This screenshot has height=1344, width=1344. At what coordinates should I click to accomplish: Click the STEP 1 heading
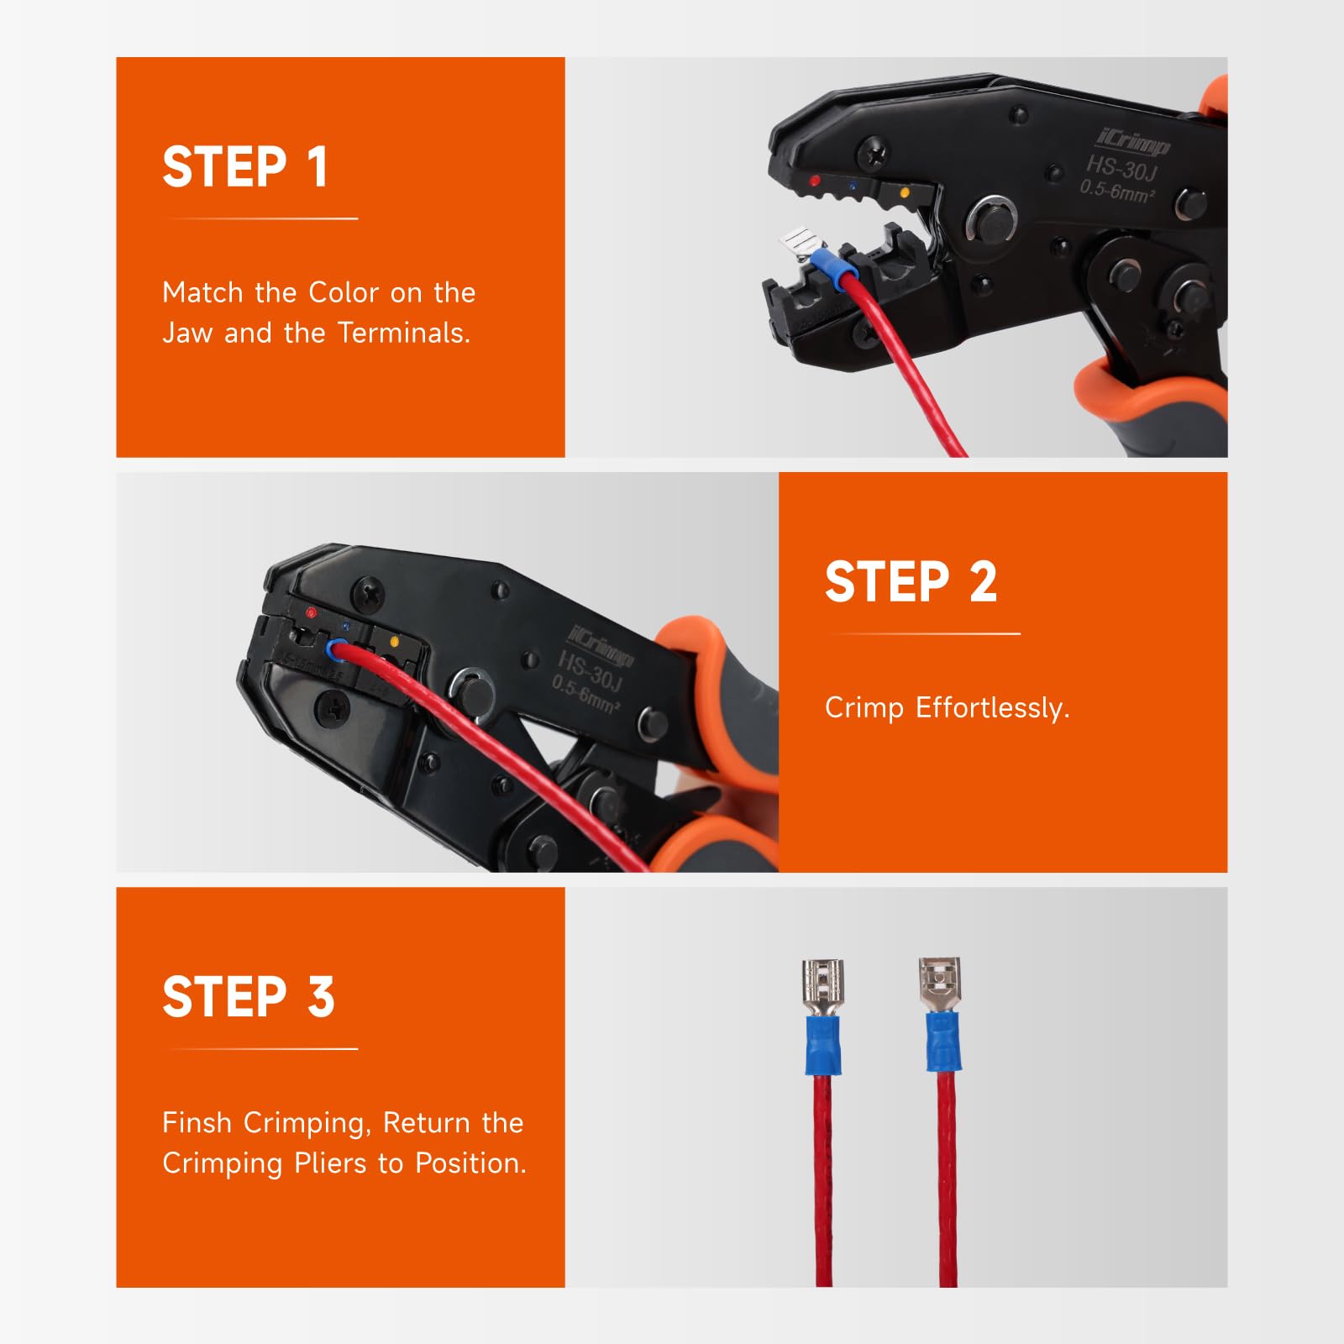click(244, 167)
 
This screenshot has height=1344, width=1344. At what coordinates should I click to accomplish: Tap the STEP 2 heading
click(911, 582)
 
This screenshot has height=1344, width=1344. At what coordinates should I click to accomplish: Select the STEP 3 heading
click(249, 997)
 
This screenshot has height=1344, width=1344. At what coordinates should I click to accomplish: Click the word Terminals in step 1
click(404, 333)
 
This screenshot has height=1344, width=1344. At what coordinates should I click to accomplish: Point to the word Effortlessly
click(993, 708)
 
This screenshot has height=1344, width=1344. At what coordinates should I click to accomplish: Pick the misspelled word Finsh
click(197, 1122)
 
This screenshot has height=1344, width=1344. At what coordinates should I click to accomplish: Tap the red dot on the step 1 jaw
click(814, 181)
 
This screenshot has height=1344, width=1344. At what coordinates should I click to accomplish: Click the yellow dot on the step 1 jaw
click(905, 192)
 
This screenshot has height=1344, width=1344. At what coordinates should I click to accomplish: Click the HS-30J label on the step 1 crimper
click(1121, 169)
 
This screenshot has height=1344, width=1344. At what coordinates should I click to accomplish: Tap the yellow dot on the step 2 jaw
click(395, 643)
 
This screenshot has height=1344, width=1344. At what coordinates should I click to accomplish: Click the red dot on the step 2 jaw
click(311, 612)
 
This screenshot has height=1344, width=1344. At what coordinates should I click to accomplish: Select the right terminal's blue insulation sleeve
click(944, 1042)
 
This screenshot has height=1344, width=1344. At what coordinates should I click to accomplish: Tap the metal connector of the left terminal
click(823, 988)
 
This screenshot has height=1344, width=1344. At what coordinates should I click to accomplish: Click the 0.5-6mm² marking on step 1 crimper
click(1117, 192)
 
